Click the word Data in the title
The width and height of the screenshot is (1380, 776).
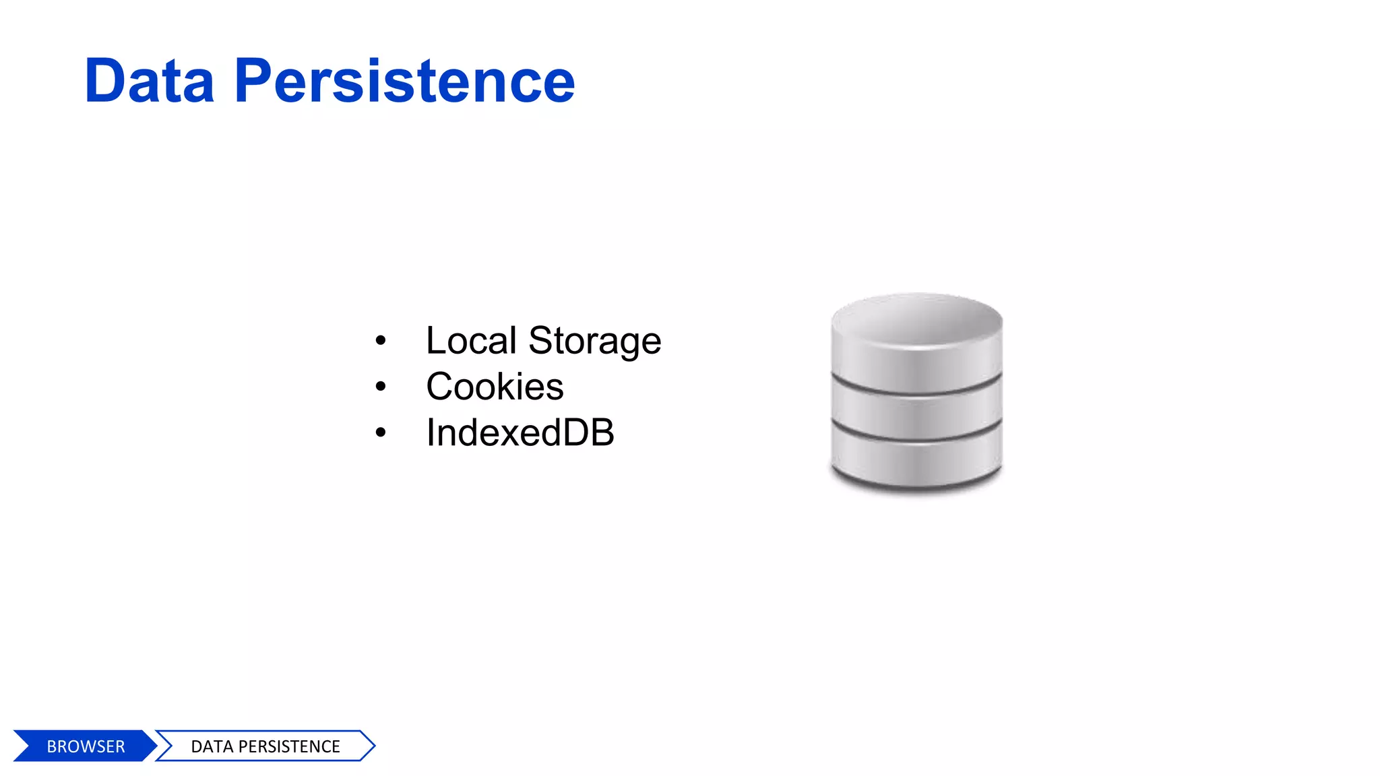pyautogui.click(x=149, y=82)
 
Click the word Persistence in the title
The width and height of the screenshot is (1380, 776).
pyautogui.click(x=404, y=82)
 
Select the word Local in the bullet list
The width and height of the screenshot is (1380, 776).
pyautogui.click(x=471, y=341)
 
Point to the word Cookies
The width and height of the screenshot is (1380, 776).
pyautogui.click(x=495, y=387)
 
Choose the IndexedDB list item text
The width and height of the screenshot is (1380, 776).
pyautogui.click(x=520, y=432)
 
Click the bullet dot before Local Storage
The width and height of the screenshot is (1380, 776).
pyautogui.click(x=381, y=341)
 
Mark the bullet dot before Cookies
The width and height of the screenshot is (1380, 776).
pyautogui.click(x=381, y=387)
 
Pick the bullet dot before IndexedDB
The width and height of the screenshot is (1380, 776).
pyautogui.click(x=381, y=432)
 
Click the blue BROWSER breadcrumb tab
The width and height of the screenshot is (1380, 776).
pyautogui.click(x=85, y=746)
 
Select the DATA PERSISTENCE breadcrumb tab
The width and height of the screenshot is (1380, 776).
pyautogui.click(x=265, y=746)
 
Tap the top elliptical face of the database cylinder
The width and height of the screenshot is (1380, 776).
pyautogui.click(x=916, y=319)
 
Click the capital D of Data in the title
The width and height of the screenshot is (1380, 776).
pyautogui.click(x=107, y=82)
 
